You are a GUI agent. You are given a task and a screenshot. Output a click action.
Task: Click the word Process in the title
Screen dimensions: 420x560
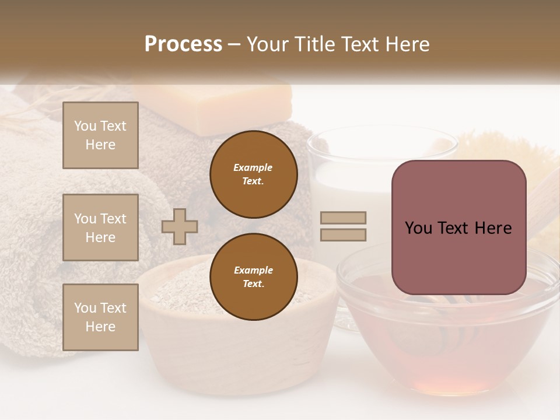pyautogui.click(x=183, y=44)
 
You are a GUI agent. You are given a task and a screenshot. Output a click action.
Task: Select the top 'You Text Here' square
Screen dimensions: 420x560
pyautogui.click(x=100, y=135)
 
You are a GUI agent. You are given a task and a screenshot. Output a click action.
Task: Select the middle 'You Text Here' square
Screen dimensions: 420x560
pyautogui.click(x=100, y=228)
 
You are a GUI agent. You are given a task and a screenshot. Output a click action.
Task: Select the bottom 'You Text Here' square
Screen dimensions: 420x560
pyautogui.click(x=100, y=317)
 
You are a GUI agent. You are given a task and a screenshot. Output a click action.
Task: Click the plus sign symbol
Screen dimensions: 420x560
pyautogui.click(x=180, y=226)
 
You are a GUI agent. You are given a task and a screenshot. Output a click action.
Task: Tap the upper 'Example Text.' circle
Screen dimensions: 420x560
pyautogui.click(x=254, y=174)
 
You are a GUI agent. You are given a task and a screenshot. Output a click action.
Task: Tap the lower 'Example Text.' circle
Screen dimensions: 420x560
pyautogui.click(x=254, y=277)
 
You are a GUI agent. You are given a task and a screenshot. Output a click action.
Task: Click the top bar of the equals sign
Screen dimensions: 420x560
pyautogui.click(x=343, y=218)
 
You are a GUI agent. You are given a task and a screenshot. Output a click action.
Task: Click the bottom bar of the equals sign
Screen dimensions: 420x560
pyautogui.click(x=343, y=235)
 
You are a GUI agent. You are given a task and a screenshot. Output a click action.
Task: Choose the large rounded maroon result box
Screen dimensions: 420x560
pyautogui.click(x=459, y=228)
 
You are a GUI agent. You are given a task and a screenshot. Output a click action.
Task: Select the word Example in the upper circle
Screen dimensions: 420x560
pyautogui.click(x=253, y=167)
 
